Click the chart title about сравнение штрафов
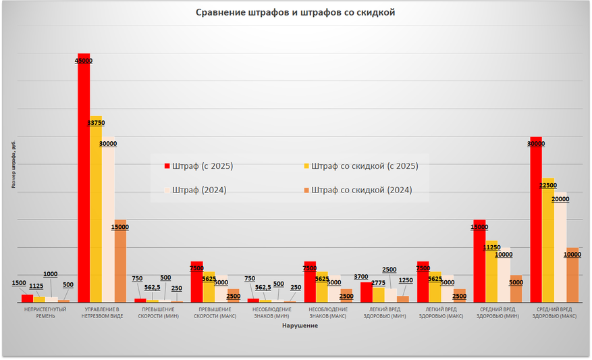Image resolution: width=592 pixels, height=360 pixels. click(295, 12)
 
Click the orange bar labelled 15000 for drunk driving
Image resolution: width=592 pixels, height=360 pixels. click(119, 263)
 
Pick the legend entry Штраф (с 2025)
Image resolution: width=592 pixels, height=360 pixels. click(203, 165)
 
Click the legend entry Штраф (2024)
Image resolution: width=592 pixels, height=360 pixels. click(199, 190)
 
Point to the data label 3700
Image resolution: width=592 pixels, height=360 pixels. click(360, 277)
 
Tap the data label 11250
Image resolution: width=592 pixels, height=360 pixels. click(491, 248)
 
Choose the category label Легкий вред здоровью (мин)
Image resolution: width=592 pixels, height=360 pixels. click(384, 313)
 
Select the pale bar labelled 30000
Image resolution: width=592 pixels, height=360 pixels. click(108, 223)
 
